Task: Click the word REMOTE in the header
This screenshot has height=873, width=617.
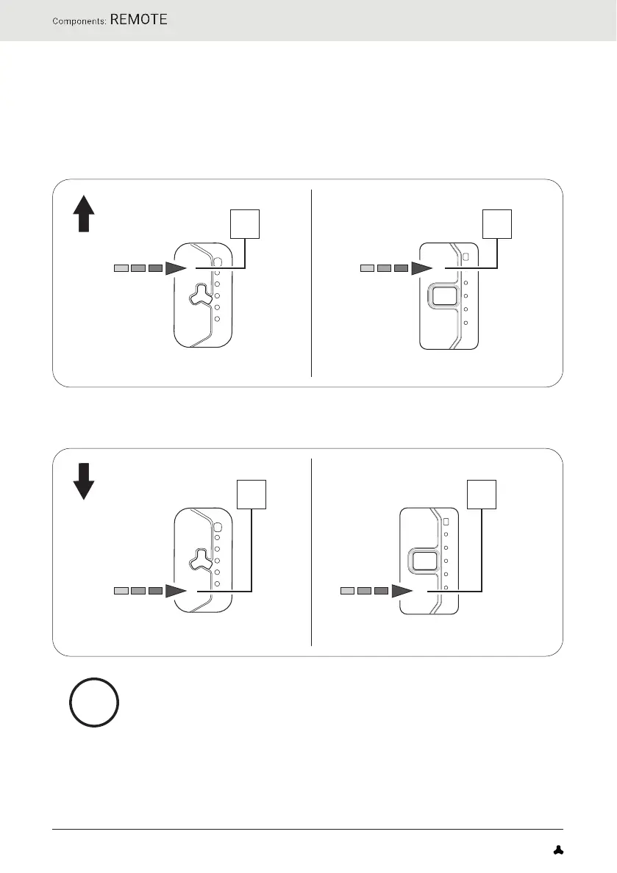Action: click(x=140, y=19)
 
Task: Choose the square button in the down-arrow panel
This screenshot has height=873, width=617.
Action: click(x=424, y=562)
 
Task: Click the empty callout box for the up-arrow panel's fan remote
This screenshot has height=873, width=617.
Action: click(x=245, y=223)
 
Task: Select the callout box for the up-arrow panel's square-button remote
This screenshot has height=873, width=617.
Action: click(x=497, y=223)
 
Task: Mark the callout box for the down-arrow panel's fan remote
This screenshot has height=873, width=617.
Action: click(x=251, y=494)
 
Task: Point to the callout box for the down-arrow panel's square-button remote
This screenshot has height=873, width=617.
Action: click(x=481, y=494)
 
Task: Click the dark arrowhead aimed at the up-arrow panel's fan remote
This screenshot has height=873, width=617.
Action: click(x=176, y=269)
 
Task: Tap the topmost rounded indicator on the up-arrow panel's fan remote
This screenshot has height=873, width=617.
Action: click(x=218, y=262)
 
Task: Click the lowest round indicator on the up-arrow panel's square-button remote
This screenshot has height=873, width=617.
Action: click(x=466, y=323)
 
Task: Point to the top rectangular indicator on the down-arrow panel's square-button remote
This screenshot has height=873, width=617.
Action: click(x=446, y=521)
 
